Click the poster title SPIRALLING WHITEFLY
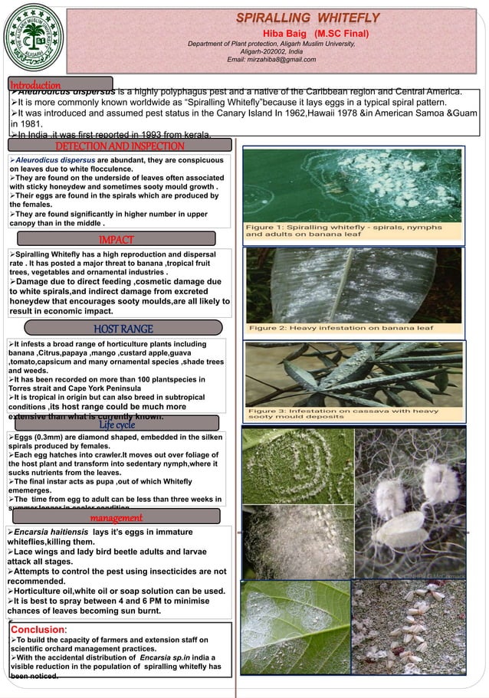307,18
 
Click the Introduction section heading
36,84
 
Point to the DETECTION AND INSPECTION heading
120,146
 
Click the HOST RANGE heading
123,329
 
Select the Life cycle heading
117,424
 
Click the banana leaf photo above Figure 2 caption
353,284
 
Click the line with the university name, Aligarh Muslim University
272,44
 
